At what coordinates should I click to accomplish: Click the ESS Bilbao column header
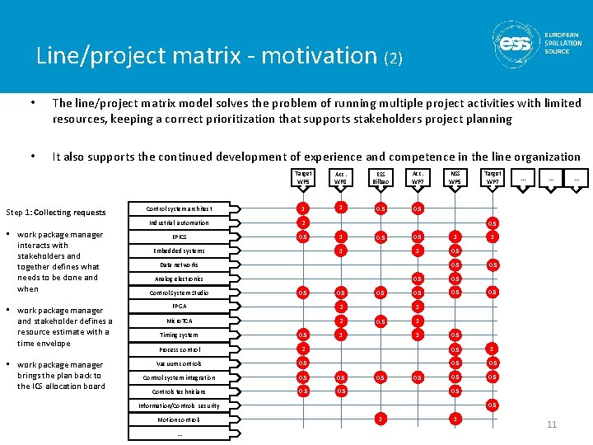point(381,178)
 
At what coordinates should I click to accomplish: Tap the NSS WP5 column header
point(455,178)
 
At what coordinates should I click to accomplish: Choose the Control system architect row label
point(179,208)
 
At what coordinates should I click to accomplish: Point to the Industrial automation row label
point(179,222)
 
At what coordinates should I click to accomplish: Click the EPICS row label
point(179,237)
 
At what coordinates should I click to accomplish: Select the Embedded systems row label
point(179,251)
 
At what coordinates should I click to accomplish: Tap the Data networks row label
point(179,265)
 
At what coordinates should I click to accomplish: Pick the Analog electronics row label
point(179,279)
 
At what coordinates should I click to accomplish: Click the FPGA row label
point(179,306)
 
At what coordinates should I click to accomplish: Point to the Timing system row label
point(179,335)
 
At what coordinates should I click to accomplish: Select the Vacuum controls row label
point(179,363)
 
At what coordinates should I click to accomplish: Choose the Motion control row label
point(179,419)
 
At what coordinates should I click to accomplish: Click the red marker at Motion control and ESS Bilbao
point(380,419)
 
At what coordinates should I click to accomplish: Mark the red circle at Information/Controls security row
point(493,405)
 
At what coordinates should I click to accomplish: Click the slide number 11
point(551,424)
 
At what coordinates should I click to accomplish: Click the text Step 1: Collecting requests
point(55,212)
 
